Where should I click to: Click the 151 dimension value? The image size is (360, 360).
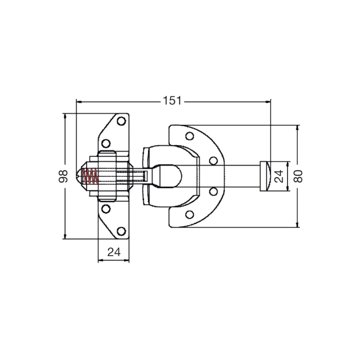pyautogui.click(x=172, y=101)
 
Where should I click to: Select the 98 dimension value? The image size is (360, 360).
pyautogui.click(x=63, y=176)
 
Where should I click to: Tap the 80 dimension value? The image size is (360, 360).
pyautogui.click(x=298, y=176)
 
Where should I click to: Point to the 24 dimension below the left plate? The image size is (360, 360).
pyautogui.click(x=114, y=252)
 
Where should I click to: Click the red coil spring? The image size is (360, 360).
pyautogui.click(x=90, y=176)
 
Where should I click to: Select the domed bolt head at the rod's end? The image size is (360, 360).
pyautogui.click(x=265, y=176)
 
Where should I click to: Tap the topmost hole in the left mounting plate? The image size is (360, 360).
pyautogui.click(x=121, y=121)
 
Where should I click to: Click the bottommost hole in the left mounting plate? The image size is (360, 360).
pyautogui.click(x=121, y=231)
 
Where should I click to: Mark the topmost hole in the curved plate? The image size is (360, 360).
pyautogui.click(x=189, y=136)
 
